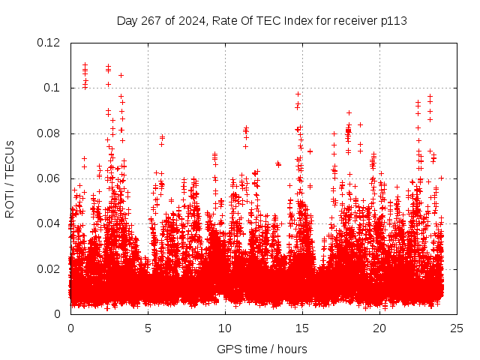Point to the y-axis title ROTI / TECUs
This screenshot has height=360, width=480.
pyautogui.click(x=10, y=178)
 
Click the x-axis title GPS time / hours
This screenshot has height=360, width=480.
pyautogui.click(x=262, y=349)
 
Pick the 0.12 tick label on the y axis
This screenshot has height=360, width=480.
pyautogui.click(x=49, y=43)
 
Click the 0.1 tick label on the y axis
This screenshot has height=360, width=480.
pyautogui.click(x=52, y=88)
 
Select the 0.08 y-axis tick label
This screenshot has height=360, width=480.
pyautogui.click(x=49, y=133)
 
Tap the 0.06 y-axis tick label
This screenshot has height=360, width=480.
pyautogui.click(x=49, y=178)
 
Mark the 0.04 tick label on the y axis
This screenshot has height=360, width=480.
pyautogui.click(x=49, y=223)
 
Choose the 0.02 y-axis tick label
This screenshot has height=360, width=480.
pyautogui.click(x=49, y=268)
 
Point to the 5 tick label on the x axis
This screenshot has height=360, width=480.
pyautogui.click(x=148, y=328)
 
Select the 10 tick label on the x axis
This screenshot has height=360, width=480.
pyautogui.click(x=225, y=328)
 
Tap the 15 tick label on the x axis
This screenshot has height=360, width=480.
pyautogui.click(x=302, y=328)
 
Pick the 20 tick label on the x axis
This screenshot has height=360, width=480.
pyautogui.click(x=379, y=328)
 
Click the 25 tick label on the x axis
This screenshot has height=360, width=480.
pyautogui.click(x=457, y=328)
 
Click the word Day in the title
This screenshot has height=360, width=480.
pyautogui.click(x=127, y=21)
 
